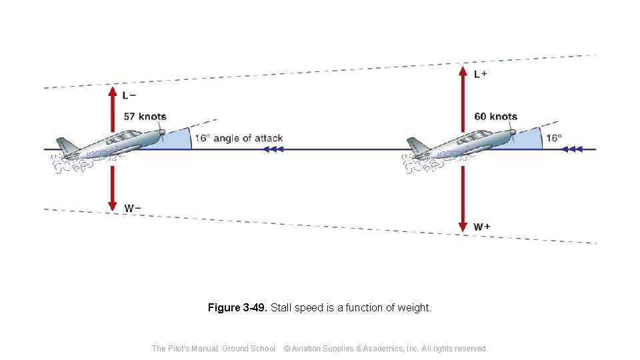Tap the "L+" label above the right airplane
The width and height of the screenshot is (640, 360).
(480, 74)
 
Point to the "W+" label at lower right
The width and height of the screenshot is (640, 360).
(482, 227)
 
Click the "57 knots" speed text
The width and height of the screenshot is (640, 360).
(145, 117)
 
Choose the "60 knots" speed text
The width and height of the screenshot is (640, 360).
(495, 117)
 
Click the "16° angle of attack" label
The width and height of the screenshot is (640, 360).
(238, 139)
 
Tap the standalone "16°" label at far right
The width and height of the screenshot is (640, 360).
(553, 139)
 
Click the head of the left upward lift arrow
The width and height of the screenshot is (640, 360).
(113, 89)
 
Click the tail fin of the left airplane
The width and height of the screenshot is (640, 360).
(65, 145)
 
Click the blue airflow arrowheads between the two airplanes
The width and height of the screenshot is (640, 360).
(273, 149)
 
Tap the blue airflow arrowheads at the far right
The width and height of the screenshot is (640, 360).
(574, 149)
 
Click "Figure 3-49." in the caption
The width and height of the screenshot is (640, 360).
(237, 308)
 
